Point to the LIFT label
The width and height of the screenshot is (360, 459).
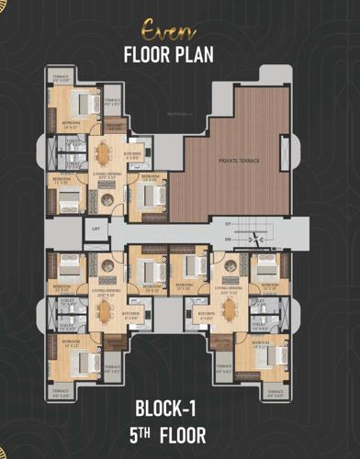click(95, 229)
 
